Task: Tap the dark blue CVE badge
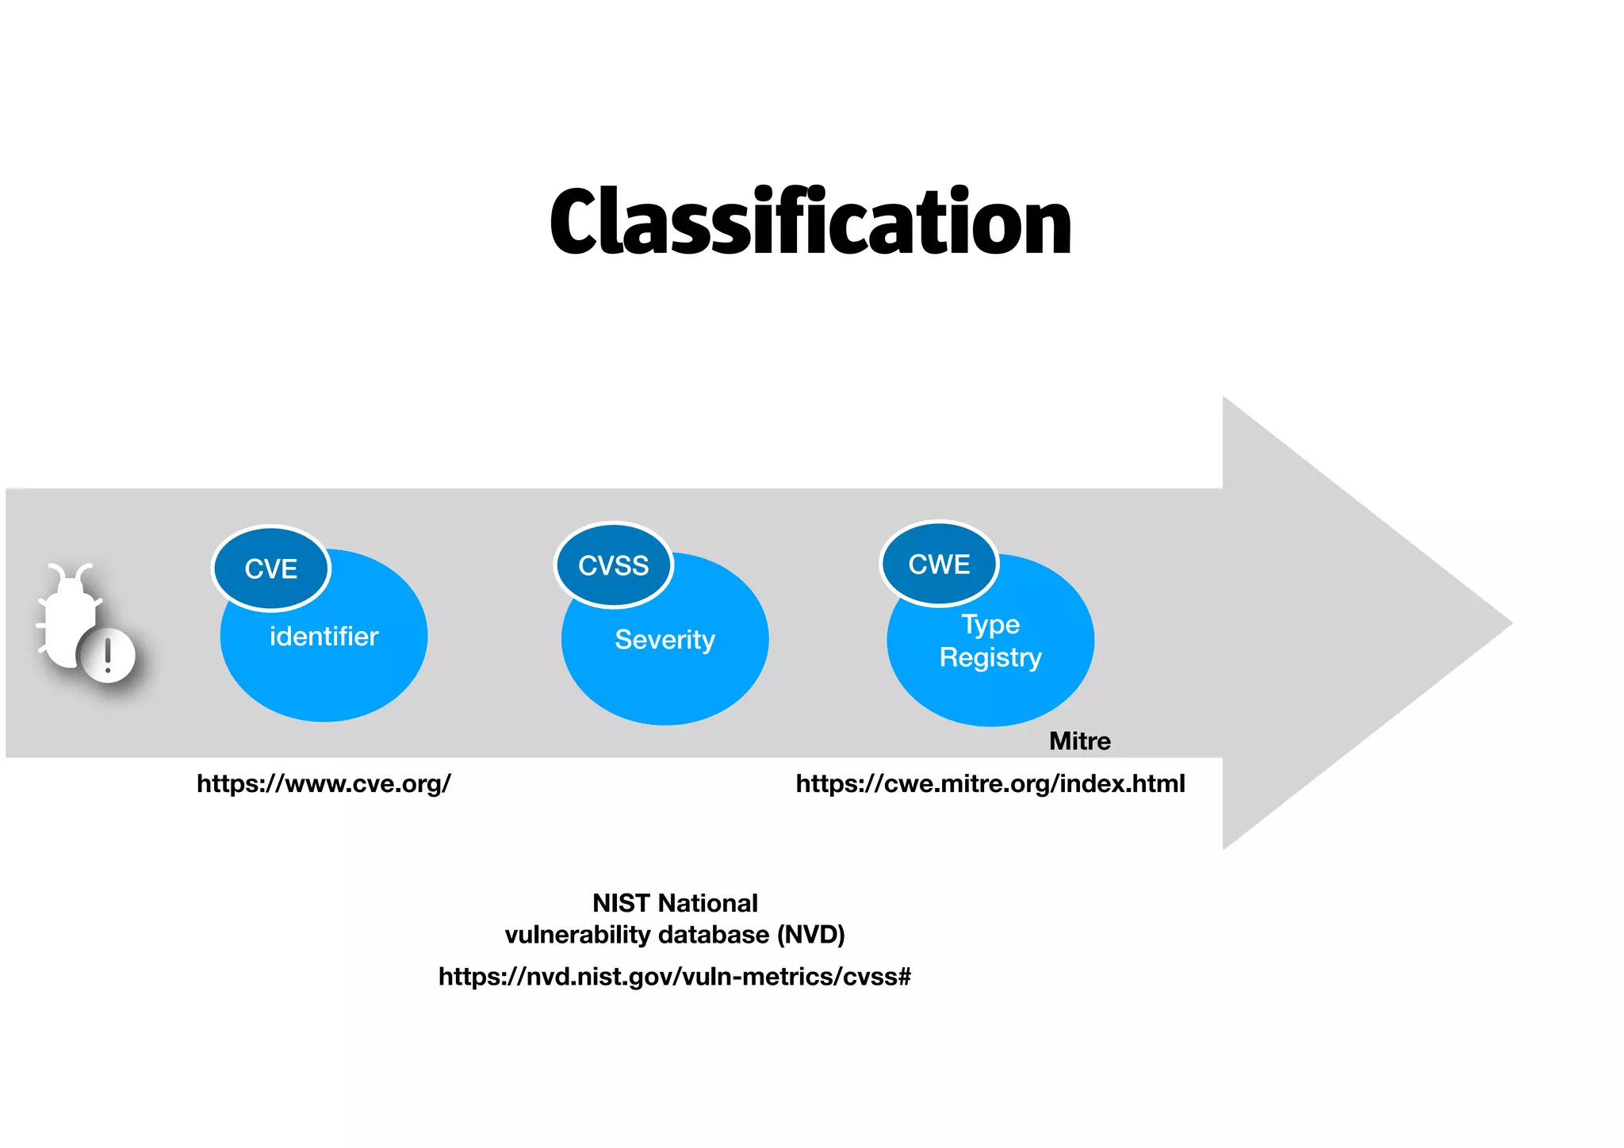pos(271,568)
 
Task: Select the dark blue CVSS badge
pos(613,565)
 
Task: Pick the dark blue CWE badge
pos(939,564)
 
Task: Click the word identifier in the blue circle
pos(324,636)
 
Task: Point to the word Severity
pos(665,639)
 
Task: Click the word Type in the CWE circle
pos(990,624)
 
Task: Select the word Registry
pos(990,657)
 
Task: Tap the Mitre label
pos(1079,740)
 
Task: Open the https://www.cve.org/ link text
pos(324,783)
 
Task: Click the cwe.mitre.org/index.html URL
pos(990,783)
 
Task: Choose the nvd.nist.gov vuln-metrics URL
pos(674,976)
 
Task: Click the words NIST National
pos(675,903)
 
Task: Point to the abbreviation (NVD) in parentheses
pos(810,935)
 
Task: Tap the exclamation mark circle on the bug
pos(108,655)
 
